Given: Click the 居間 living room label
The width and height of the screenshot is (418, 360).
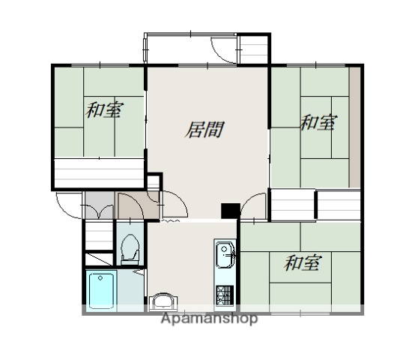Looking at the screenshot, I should click(205, 129).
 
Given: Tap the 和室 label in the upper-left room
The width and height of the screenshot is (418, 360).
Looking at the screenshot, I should click(104, 110).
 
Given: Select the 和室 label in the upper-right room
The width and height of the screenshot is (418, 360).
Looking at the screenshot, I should click(318, 122).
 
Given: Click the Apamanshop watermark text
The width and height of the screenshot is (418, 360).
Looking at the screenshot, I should click(208, 319).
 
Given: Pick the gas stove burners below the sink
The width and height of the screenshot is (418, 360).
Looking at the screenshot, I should click(225, 293).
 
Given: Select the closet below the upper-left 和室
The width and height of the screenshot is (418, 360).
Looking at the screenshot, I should click(99, 172).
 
